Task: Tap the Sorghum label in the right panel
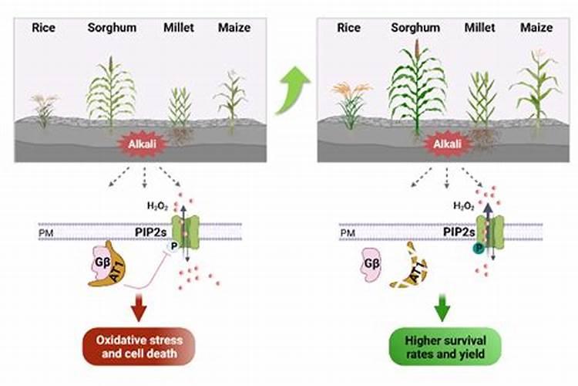click(415, 28)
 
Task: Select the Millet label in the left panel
click(179, 28)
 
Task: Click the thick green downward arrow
click(442, 306)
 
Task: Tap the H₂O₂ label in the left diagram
click(157, 207)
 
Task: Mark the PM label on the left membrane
click(45, 231)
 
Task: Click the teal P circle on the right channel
click(479, 248)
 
